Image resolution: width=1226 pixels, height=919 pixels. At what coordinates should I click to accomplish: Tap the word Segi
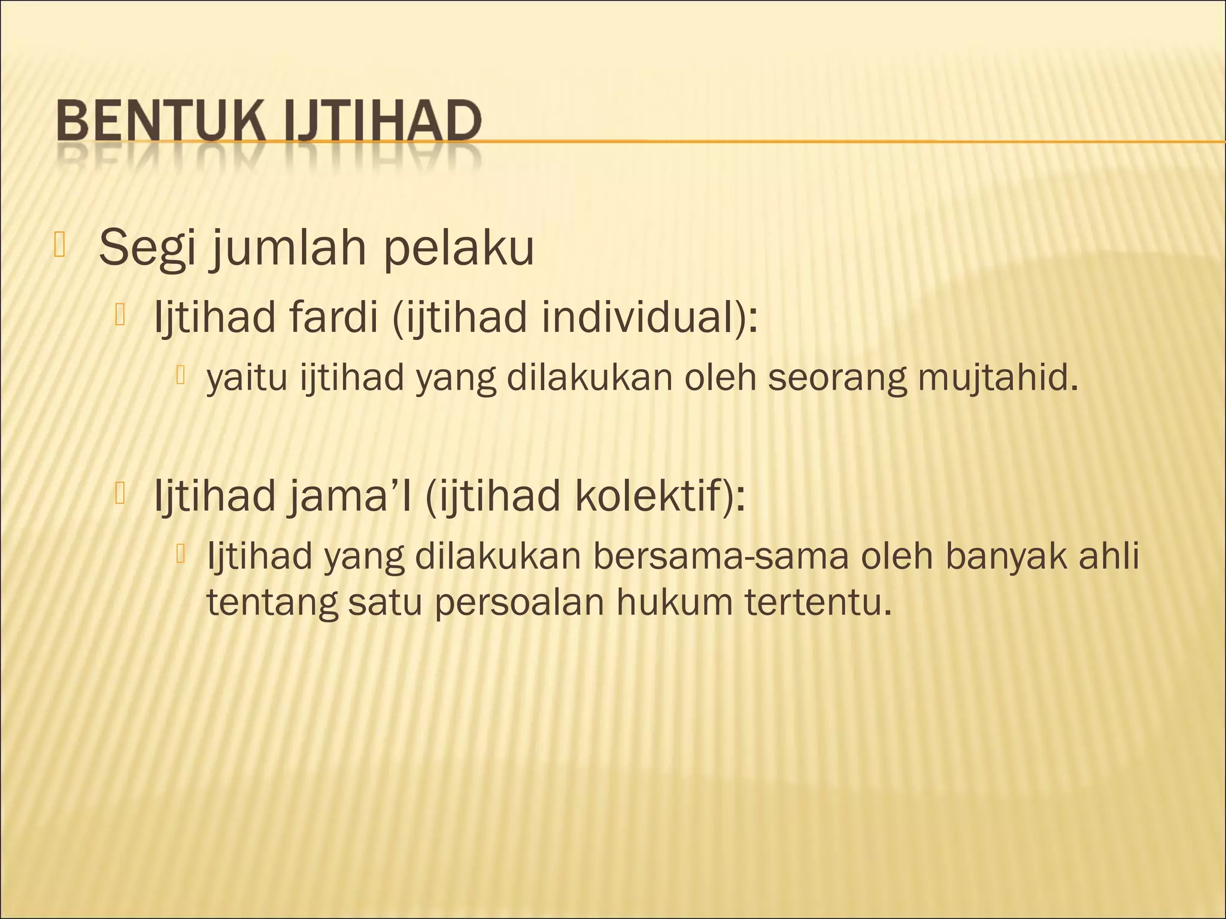tap(147, 249)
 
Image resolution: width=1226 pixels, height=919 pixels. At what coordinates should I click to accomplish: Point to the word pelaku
tap(459, 248)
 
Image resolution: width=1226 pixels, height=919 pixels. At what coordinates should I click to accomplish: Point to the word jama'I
tap(350, 497)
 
